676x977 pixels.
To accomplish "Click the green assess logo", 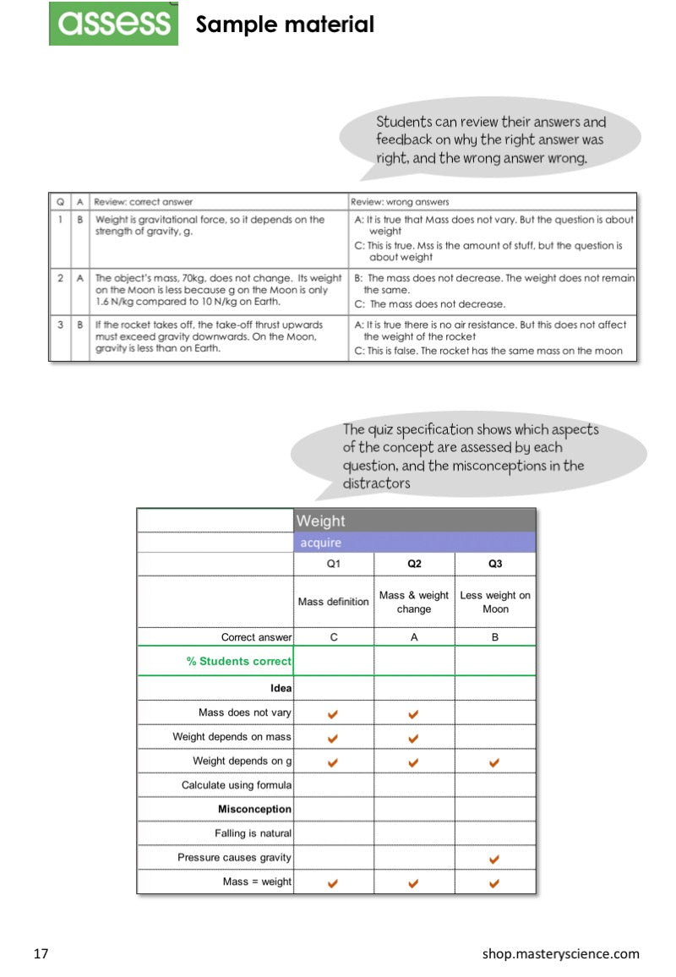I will point(113,24).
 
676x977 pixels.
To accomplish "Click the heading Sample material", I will point(285,25).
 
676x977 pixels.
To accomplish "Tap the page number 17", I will point(41,954).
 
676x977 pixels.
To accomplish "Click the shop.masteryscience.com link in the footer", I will point(560,954).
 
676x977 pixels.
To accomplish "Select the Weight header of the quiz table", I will point(321,521).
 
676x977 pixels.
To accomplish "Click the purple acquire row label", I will point(321,543).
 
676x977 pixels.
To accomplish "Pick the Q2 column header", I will point(414,564).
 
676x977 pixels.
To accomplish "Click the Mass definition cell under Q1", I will point(334,602).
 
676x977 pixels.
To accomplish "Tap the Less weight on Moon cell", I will point(495,602).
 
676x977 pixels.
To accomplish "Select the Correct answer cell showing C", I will point(334,637).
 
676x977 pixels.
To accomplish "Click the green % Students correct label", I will point(239,661).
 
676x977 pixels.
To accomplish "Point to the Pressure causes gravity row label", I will point(234,857).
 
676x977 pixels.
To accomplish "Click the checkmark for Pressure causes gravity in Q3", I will point(494,859).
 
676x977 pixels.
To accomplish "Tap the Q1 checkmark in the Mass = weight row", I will point(333,882).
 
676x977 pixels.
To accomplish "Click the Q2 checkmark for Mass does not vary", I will point(413,714).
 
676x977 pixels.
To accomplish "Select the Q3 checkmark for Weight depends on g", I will point(494,762).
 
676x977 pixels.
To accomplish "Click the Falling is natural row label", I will point(253,833).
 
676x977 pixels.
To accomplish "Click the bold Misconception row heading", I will point(254,809).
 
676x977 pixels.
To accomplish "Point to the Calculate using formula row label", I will point(237,785).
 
